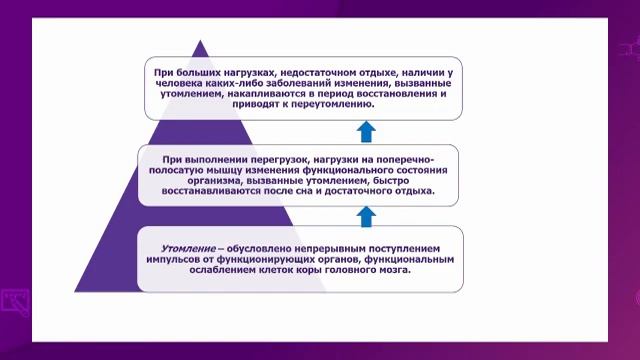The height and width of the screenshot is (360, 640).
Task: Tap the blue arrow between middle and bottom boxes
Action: point(365,214)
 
